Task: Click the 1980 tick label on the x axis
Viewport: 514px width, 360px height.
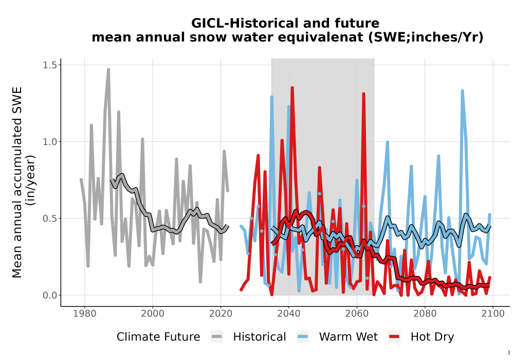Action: [x=85, y=313]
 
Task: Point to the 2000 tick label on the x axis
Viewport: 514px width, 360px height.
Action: [x=153, y=313]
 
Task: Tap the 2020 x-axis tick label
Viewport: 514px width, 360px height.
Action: [x=221, y=313]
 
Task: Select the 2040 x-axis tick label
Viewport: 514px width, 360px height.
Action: [x=289, y=313]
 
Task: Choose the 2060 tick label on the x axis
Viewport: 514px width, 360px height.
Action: [x=357, y=313]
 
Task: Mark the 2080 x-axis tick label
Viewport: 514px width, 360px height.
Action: [x=425, y=313]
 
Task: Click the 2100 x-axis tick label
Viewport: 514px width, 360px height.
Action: [x=493, y=313]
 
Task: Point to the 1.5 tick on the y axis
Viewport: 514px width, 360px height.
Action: [x=50, y=65]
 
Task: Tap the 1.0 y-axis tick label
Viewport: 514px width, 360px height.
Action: [x=50, y=141]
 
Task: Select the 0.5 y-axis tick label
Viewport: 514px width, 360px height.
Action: [x=50, y=219]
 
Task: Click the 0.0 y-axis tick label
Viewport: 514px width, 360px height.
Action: [x=50, y=295]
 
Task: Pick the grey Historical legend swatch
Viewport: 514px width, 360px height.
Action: [x=217, y=337]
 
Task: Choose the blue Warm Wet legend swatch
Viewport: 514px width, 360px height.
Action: [x=303, y=337]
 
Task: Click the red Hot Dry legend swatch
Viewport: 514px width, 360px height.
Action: [x=394, y=337]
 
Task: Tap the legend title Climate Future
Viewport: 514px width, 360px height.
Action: [x=158, y=337]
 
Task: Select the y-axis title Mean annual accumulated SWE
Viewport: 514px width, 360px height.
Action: [x=17, y=182]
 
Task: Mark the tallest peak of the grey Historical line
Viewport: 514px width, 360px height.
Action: [x=108, y=69]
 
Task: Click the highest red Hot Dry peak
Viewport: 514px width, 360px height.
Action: [x=292, y=88]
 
